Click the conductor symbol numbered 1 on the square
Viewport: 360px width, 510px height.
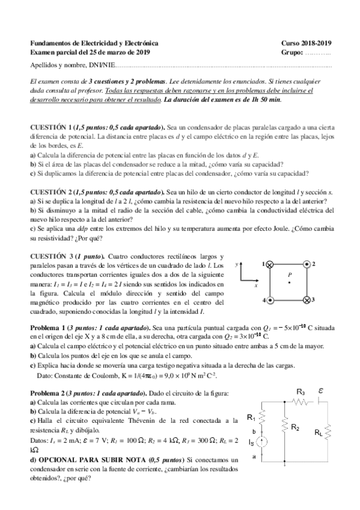tap(270, 263)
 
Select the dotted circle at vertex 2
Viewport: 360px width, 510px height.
tap(307, 263)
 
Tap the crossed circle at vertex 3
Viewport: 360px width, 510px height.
tap(307, 300)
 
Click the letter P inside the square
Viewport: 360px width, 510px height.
tap(289, 274)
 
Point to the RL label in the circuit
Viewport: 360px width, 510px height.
tap(319, 431)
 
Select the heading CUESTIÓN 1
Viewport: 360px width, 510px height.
tap(52, 127)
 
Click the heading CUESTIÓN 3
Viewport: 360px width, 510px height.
tap(52, 257)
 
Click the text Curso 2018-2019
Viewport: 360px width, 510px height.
tap(306, 44)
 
